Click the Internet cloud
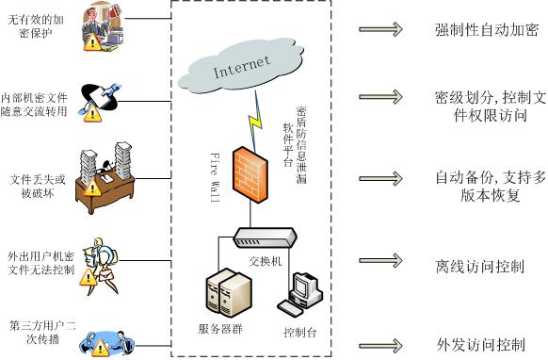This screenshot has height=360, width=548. [240, 68]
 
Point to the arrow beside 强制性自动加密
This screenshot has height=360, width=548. [380, 29]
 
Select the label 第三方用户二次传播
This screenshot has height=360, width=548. [36, 333]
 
